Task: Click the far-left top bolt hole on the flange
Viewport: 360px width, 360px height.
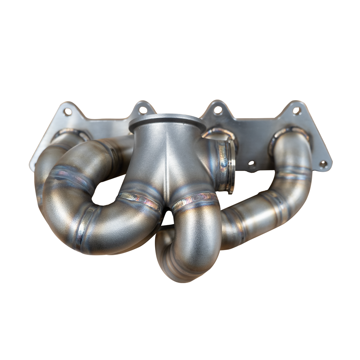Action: coord(68,112)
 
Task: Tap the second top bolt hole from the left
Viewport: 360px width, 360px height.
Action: coord(143,110)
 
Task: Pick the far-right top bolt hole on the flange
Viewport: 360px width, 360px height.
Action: coord(297,111)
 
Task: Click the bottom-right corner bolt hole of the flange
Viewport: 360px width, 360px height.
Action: coord(323,164)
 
